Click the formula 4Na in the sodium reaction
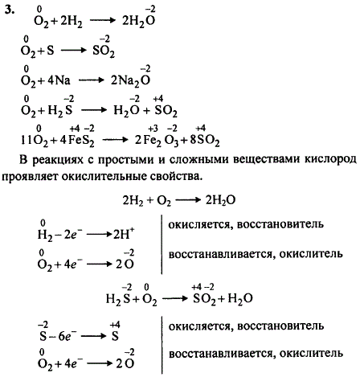pos(59,80)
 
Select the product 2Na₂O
pos(130,80)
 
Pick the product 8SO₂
pos(205,141)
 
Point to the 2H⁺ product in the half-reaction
pos(124,234)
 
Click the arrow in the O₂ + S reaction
pos(73,51)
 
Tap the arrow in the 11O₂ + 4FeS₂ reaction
pos(115,140)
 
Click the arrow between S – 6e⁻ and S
pos(93,336)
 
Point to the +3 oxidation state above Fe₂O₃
pos(153,129)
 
